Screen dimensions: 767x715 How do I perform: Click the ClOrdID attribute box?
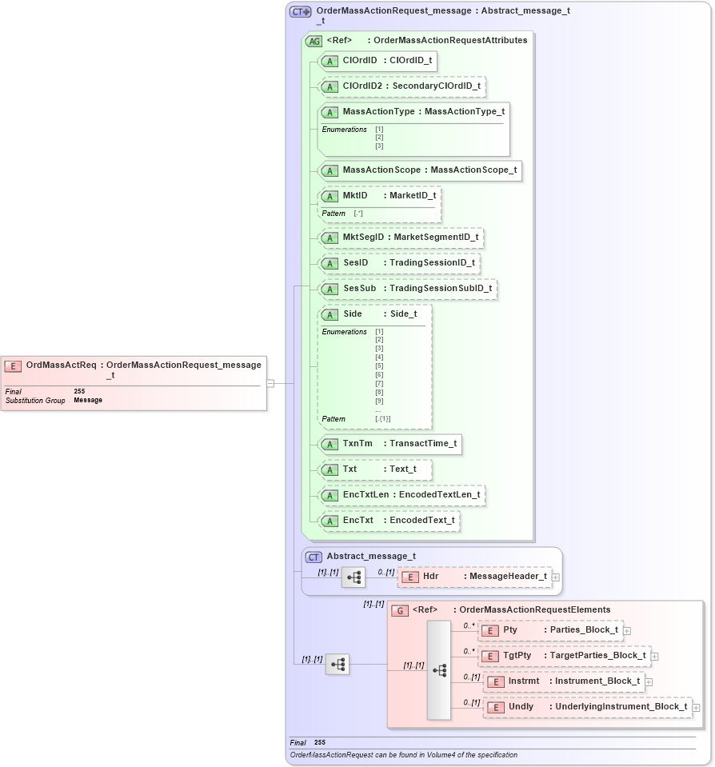(x=377, y=61)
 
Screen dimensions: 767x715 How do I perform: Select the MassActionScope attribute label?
(x=378, y=170)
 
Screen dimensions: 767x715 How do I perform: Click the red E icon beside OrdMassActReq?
(x=13, y=366)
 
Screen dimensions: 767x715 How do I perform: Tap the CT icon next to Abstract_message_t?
(x=314, y=557)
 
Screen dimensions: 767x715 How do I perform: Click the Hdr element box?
(x=475, y=577)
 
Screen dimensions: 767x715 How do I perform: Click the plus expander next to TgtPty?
(x=655, y=657)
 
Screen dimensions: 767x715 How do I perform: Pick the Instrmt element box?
(x=564, y=681)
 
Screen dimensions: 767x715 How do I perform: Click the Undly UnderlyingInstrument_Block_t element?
(x=588, y=707)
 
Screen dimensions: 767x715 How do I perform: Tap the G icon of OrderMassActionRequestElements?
(x=400, y=610)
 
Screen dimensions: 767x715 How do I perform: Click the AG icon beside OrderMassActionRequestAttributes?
(x=314, y=41)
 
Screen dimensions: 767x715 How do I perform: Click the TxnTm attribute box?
(x=389, y=444)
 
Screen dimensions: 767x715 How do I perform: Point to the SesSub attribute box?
(x=407, y=289)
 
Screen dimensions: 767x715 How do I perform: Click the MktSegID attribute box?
(x=401, y=238)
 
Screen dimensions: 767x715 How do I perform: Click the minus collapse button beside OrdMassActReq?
(x=270, y=383)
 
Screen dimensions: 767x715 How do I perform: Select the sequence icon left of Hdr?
(x=353, y=577)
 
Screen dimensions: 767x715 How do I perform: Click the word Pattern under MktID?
(x=334, y=214)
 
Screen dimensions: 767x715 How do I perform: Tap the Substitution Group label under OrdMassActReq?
(x=35, y=400)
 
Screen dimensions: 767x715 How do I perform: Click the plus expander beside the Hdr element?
(x=556, y=577)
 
